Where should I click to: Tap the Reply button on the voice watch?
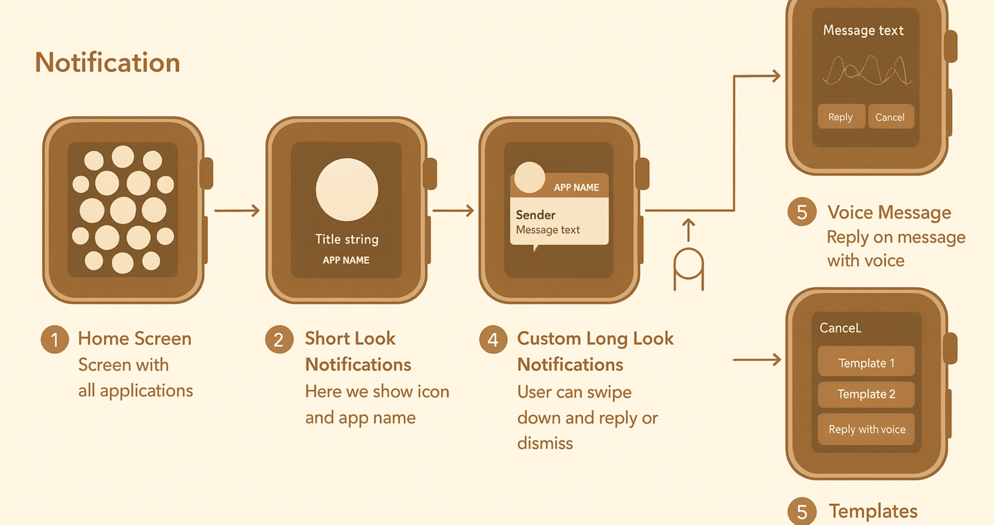[841, 116]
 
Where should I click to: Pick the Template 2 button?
[866, 394]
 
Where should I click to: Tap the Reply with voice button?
[866, 429]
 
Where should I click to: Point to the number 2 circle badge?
[279, 340]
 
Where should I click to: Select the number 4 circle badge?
[493, 340]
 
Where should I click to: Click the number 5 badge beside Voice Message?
[802, 212]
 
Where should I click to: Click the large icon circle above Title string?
[347, 189]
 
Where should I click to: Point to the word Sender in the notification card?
[536, 215]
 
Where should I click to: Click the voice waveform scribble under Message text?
[867, 72]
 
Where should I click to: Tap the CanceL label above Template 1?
[840, 328]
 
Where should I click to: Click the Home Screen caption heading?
[135, 339]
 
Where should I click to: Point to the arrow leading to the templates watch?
[756, 360]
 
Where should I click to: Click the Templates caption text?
[873, 511]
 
